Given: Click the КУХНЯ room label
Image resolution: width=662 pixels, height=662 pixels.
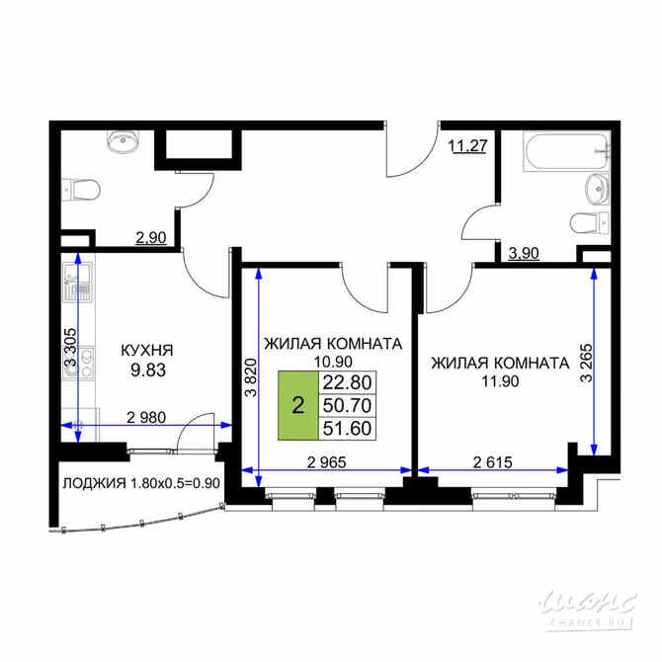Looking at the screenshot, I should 147,350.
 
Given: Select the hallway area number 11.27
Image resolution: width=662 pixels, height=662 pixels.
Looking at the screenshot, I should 468,147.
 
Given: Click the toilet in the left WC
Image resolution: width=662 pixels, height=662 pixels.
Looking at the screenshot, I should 81,188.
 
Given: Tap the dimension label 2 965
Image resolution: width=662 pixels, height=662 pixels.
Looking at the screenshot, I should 327,461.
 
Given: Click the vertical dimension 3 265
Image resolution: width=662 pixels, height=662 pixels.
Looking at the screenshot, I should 587,362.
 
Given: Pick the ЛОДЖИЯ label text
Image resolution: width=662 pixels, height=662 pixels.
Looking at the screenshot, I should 94,484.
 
